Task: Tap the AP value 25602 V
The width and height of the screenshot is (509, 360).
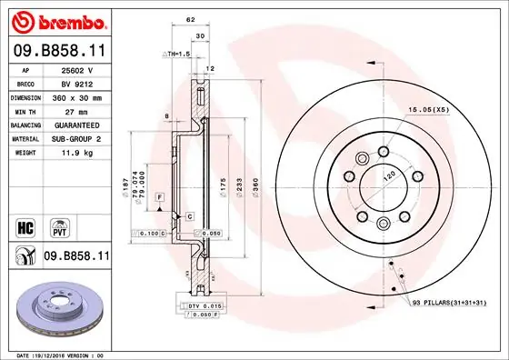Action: coord(76,69)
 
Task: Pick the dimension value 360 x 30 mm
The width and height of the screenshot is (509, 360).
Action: coord(76,96)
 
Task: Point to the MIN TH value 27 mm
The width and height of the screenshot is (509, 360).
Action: coord(76,110)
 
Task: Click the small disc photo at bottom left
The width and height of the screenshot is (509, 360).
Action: coord(56,311)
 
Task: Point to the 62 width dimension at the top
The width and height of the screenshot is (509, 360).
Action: coord(189,18)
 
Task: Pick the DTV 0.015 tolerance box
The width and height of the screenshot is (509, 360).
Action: coord(205,308)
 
